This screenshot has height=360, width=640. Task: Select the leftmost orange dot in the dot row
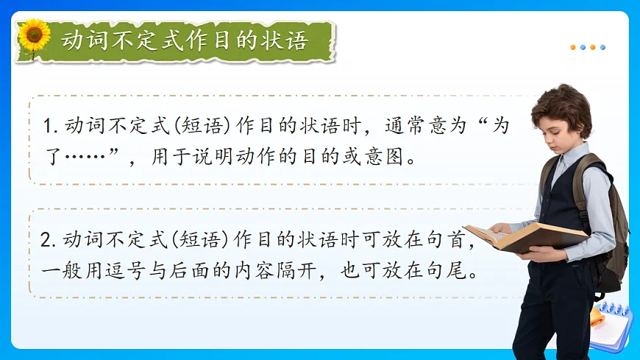click(573, 47)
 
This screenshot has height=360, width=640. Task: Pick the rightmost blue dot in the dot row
click(602, 47)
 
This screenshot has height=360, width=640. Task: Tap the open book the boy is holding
click(527, 236)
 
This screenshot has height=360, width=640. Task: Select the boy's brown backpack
click(607, 221)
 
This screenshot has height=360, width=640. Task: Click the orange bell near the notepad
click(597, 317)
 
